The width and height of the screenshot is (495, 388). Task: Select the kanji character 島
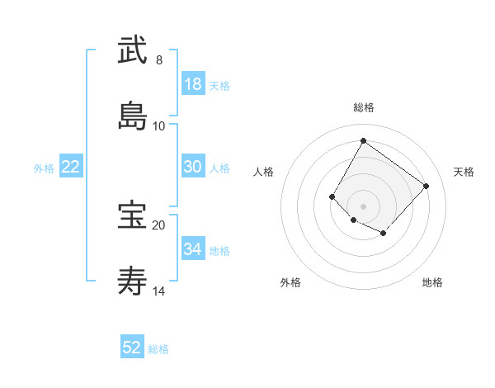point(132,116)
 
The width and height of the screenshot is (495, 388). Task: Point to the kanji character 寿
point(132,282)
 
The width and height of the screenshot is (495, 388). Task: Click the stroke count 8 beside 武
point(159,59)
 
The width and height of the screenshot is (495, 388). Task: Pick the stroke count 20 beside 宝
point(159,225)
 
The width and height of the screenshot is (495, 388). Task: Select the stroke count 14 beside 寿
point(159,291)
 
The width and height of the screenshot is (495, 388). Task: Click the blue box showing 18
point(193,84)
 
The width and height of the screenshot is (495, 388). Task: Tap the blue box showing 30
point(193,167)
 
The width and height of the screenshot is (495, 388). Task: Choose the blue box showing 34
point(193,249)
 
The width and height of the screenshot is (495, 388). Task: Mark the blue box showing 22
point(71,167)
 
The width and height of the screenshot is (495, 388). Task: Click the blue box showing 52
point(132,348)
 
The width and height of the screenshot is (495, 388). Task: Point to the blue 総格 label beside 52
point(158,349)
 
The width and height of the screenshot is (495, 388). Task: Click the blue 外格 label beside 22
point(44,168)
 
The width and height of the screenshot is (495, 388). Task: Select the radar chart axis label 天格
point(464,172)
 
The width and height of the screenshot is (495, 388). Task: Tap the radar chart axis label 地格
point(432,283)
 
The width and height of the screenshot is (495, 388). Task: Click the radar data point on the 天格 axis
point(426,186)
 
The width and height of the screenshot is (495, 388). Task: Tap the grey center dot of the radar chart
point(363,206)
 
